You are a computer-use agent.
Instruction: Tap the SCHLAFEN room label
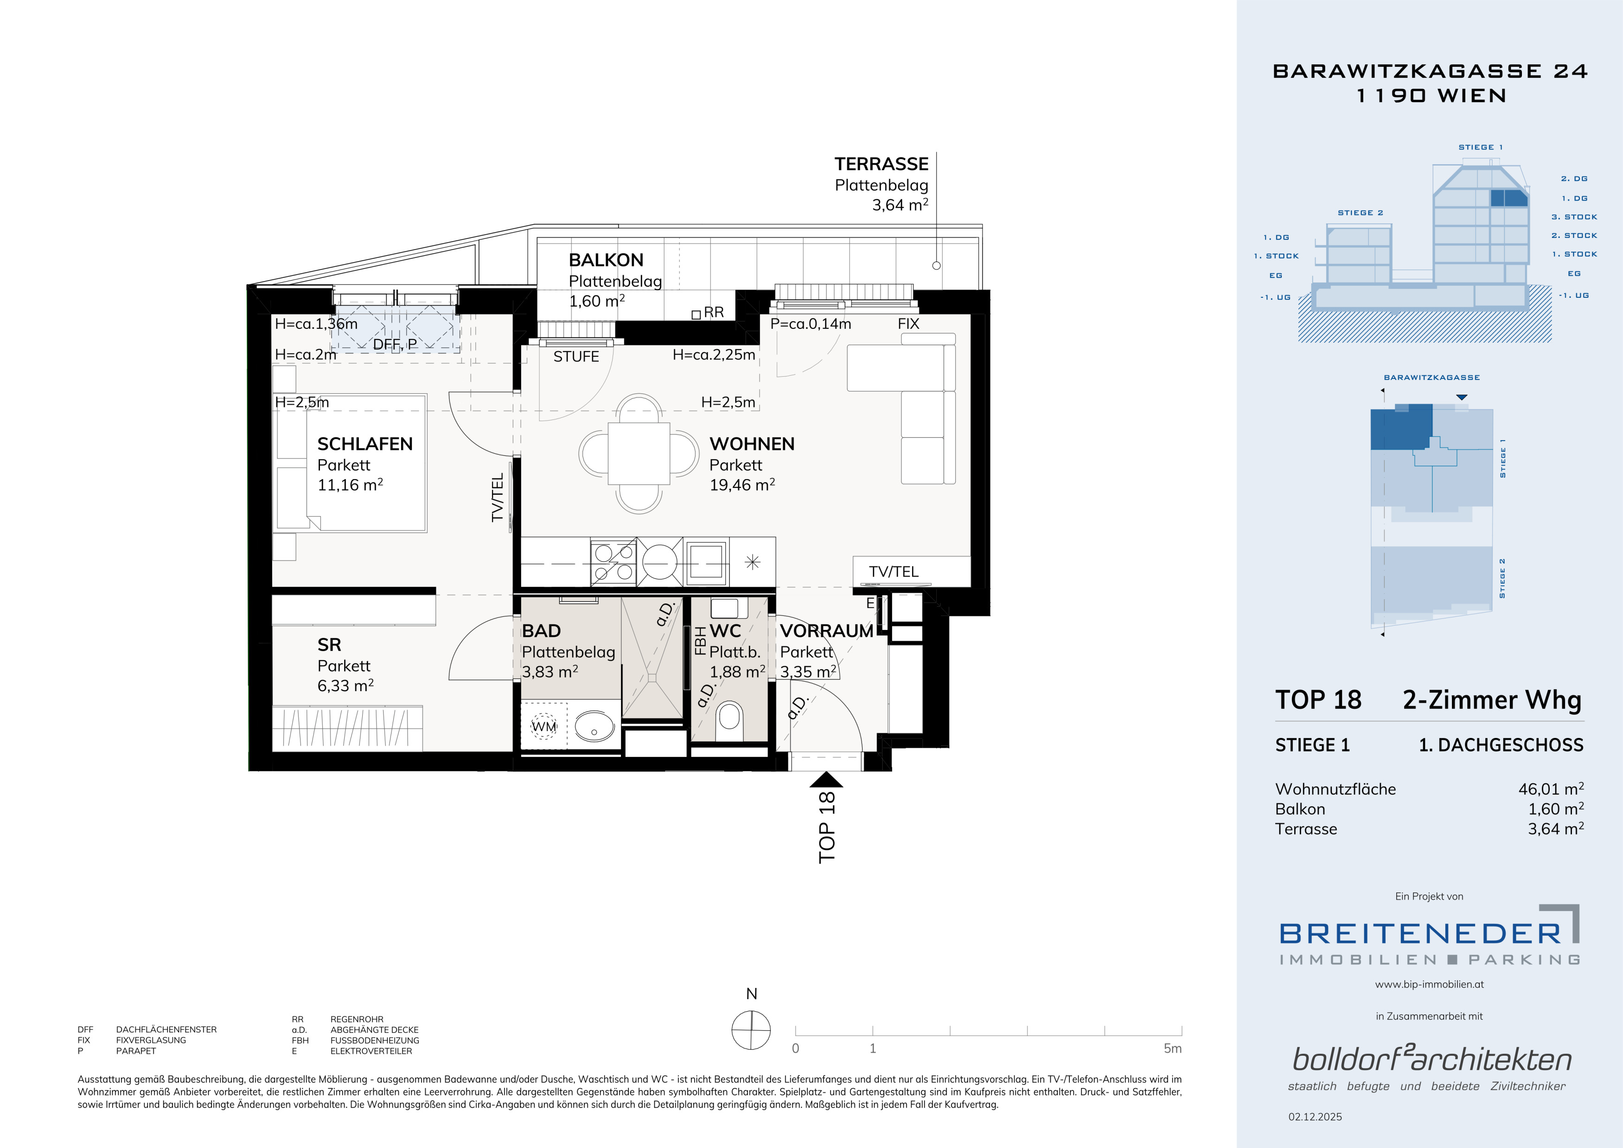[x=365, y=444]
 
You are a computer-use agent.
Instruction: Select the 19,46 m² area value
[x=742, y=485]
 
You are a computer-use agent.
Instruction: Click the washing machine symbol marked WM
[x=543, y=726]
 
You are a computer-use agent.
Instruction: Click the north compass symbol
[x=751, y=1030]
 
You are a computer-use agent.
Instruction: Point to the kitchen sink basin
[x=705, y=562]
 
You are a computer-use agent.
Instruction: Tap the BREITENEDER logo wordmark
[x=1420, y=934]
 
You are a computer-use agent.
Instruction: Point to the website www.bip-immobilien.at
[x=1429, y=984]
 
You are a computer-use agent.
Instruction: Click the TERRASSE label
[x=882, y=164]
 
